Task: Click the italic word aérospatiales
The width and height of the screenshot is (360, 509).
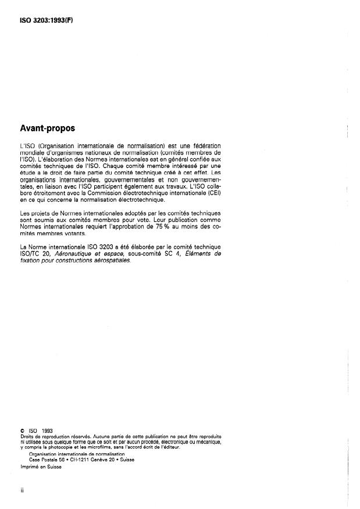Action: tap(112, 261)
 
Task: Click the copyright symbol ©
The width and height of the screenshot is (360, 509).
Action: tap(22, 431)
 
